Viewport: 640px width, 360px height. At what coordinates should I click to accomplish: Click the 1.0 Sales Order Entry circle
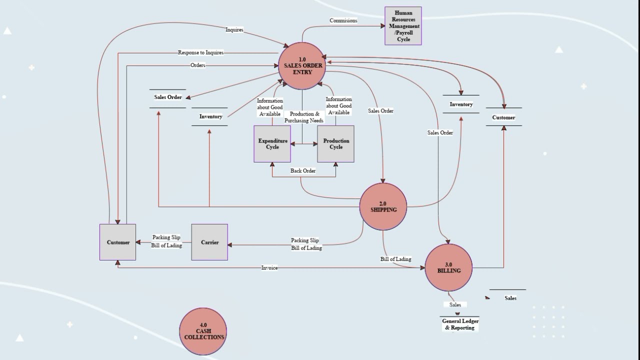tap(302, 66)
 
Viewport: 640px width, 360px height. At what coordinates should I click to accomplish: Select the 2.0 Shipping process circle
tap(383, 207)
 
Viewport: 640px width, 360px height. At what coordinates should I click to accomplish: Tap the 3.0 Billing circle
tap(448, 267)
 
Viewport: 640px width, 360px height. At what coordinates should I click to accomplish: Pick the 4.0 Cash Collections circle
tap(203, 331)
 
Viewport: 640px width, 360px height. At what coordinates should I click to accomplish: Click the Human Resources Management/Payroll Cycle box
tap(403, 26)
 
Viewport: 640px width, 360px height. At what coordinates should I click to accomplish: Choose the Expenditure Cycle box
tap(272, 144)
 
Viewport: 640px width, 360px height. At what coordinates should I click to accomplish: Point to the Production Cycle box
tap(335, 144)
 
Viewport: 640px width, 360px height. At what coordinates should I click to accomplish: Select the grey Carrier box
tap(209, 242)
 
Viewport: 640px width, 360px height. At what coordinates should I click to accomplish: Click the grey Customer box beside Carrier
tap(118, 242)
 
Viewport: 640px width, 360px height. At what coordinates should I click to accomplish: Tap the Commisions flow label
tap(343, 20)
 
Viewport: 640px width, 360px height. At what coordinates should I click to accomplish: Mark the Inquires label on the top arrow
tap(234, 29)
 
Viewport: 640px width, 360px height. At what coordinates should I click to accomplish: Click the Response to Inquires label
tap(200, 52)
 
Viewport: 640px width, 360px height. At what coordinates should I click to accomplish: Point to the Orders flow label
tap(197, 65)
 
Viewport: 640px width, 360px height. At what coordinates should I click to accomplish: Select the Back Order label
tap(303, 170)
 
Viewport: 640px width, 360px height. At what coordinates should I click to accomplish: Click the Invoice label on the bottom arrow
tap(269, 268)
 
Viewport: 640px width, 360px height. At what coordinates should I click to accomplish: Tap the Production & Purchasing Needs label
tap(304, 117)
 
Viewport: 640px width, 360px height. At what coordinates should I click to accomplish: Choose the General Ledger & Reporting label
tap(460, 324)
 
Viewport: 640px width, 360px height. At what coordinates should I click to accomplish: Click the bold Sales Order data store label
tap(168, 97)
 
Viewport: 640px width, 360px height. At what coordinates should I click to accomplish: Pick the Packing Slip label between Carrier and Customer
tap(166, 237)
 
